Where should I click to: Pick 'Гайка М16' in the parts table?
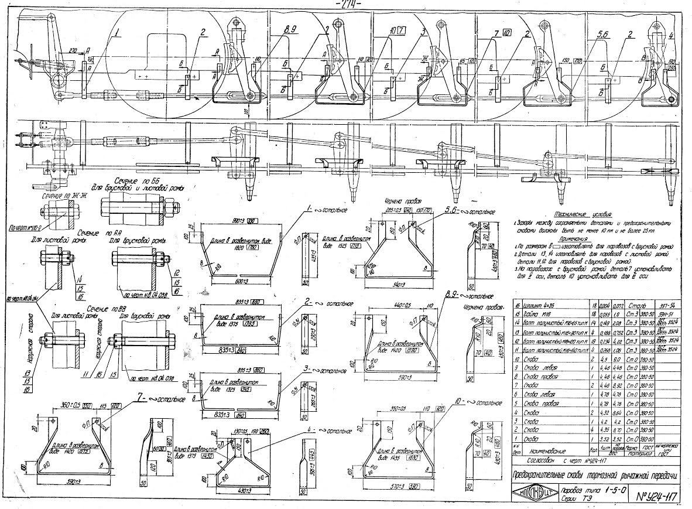536,315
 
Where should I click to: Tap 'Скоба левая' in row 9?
539,367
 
